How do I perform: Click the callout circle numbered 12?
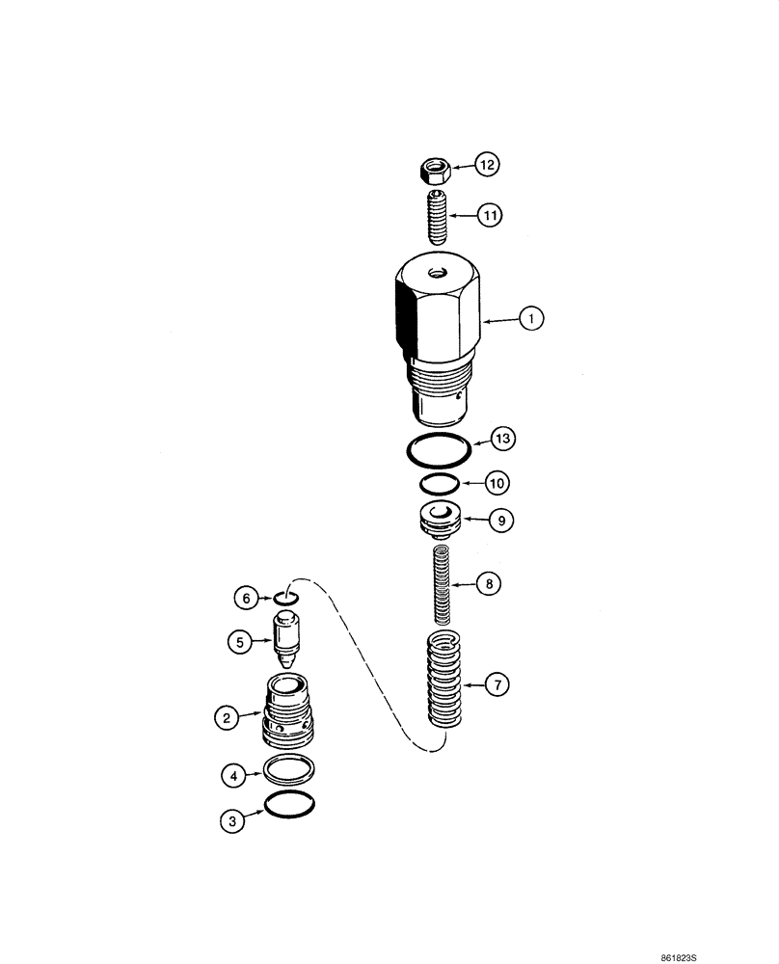[x=487, y=167]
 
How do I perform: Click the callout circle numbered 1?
[x=530, y=319]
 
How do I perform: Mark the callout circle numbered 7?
[x=497, y=686]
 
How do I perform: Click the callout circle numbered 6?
[x=246, y=598]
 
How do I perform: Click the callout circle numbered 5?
[x=236, y=639]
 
